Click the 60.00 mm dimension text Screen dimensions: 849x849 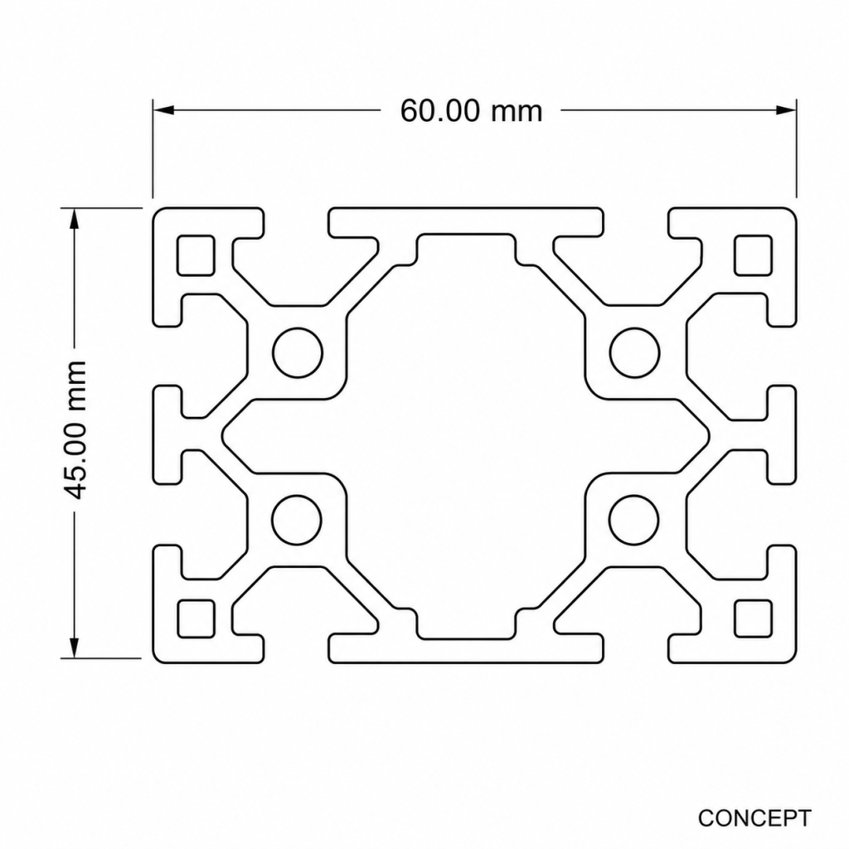coord(471,111)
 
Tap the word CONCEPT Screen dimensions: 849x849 coord(754,817)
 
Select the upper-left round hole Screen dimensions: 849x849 coord(298,352)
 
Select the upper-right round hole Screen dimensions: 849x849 coord(634,352)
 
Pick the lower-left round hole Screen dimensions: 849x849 coord(298,520)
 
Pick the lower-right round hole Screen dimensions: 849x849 coord(634,520)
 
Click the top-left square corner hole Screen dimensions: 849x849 coord(196,255)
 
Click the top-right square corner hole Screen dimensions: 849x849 coord(753,255)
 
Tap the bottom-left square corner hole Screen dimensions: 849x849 coord(196,619)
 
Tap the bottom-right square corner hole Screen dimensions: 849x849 coord(753,619)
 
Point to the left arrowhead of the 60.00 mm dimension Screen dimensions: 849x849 coord(163,110)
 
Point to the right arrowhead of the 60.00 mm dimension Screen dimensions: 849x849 coord(786,110)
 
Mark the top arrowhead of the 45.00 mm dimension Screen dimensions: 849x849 coord(74,219)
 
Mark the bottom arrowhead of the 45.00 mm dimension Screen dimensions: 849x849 coord(74,648)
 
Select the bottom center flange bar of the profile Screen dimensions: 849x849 coord(466,648)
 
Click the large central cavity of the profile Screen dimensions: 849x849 coord(466,435)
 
